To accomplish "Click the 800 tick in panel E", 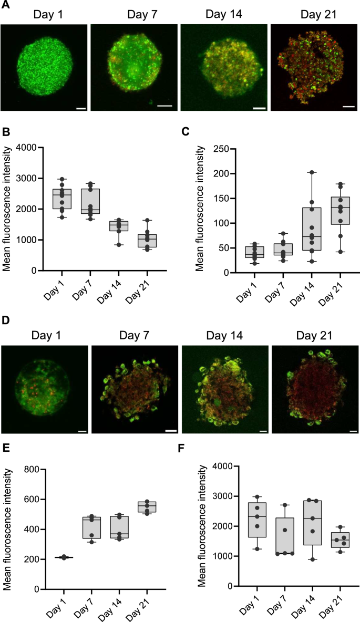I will (33, 469).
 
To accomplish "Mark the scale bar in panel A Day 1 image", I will (81, 109).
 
